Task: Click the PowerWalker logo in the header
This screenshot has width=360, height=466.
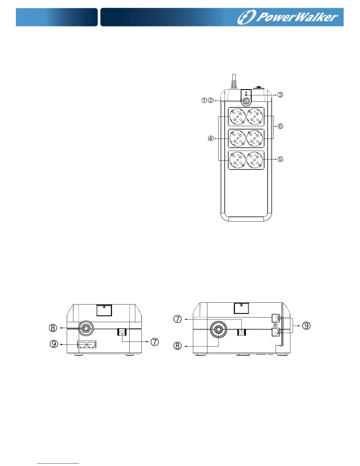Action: point(287,17)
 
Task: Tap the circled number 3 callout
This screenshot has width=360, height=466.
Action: point(280,94)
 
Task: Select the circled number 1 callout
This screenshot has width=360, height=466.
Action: point(204,100)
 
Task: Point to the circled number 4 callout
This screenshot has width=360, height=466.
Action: point(211,139)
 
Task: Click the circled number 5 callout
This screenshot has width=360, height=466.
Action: point(280,159)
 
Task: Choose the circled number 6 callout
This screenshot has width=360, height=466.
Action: point(280,126)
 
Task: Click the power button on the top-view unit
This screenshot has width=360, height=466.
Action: point(246,101)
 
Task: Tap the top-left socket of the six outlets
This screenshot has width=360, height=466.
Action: point(238,117)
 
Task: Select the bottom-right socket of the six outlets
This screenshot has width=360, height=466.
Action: point(255,160)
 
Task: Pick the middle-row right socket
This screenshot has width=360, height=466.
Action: point(255,138)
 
